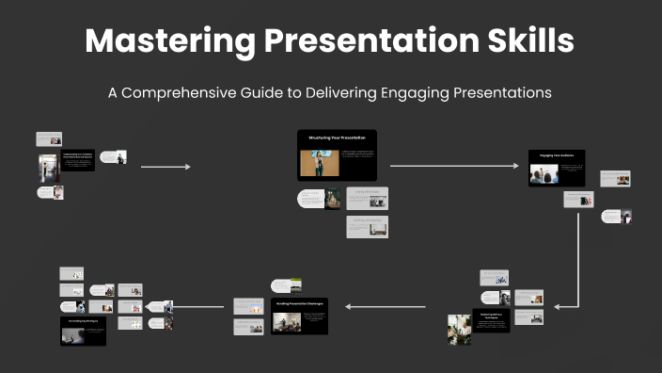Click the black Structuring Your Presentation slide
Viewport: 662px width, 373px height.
337,154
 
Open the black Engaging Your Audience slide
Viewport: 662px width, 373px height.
557,168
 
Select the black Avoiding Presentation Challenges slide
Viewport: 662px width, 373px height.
299,316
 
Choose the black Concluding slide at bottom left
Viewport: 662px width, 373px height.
83,331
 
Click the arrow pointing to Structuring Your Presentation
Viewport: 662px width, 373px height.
165,167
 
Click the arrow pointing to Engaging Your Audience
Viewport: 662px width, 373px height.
453,166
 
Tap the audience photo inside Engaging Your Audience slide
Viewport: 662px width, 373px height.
544,175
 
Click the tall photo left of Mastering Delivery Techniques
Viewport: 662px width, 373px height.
459,329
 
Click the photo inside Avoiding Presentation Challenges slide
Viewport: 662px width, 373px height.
286,322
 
